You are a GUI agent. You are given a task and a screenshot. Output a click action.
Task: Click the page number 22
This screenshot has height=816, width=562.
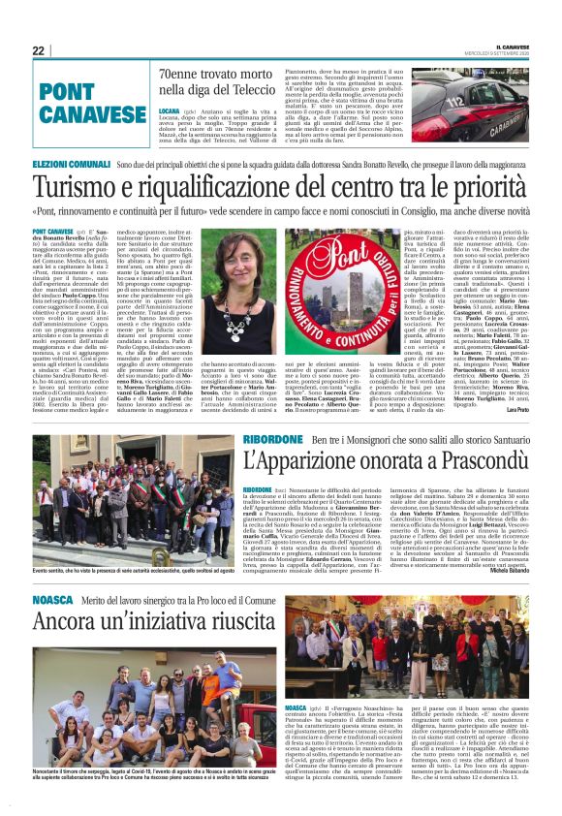click(39, 50)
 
